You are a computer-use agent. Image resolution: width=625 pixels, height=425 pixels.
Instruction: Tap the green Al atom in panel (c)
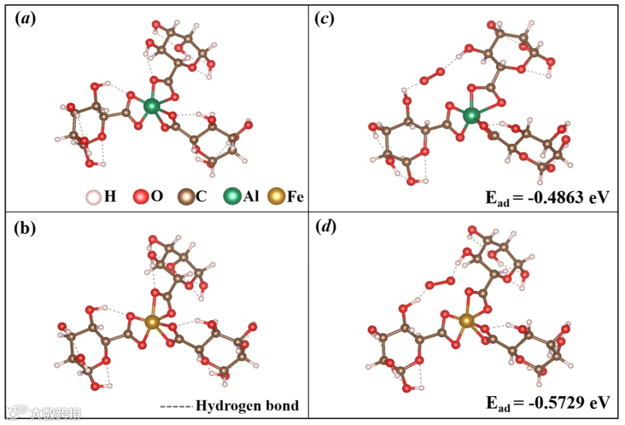pos(472,115)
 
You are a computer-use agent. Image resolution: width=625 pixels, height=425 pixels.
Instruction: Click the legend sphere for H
pos(92,197)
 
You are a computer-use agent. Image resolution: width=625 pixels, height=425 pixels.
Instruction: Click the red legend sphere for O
pos(141,197)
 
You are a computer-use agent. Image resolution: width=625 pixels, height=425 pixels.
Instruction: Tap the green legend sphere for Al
pos(231,197)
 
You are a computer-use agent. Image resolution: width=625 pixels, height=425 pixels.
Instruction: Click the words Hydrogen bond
pos(247,405)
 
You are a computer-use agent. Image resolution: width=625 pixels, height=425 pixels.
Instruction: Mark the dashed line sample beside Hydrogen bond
pos(176,406)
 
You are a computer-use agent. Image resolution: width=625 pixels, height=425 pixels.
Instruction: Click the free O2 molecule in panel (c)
pos(432,75)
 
